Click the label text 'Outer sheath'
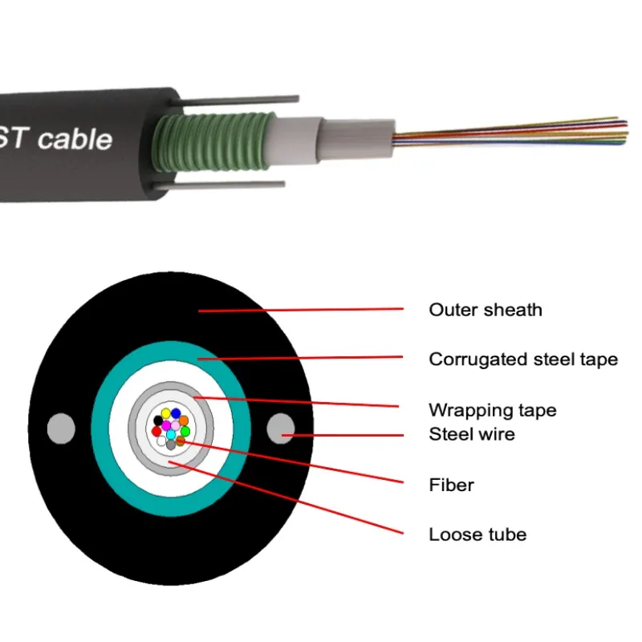pos(486,310)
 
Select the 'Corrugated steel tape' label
pos(523,359)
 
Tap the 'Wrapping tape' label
pos(492,410)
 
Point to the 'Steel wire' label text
pos(472,434)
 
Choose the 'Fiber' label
pos(451,485)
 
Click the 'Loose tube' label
pos(477,534)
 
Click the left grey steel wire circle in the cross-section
pos(61,428)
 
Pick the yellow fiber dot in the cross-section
pos(165,413)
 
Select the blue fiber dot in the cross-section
pos(176,413)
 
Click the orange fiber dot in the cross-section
pos(184,421)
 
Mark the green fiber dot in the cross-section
pos(185,431)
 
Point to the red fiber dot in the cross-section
pos(156,431)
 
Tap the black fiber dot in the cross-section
pos(158,420)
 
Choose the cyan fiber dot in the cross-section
pos(171,434)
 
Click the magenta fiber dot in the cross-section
pos(167,425)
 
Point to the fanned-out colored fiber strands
pos(514,132)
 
